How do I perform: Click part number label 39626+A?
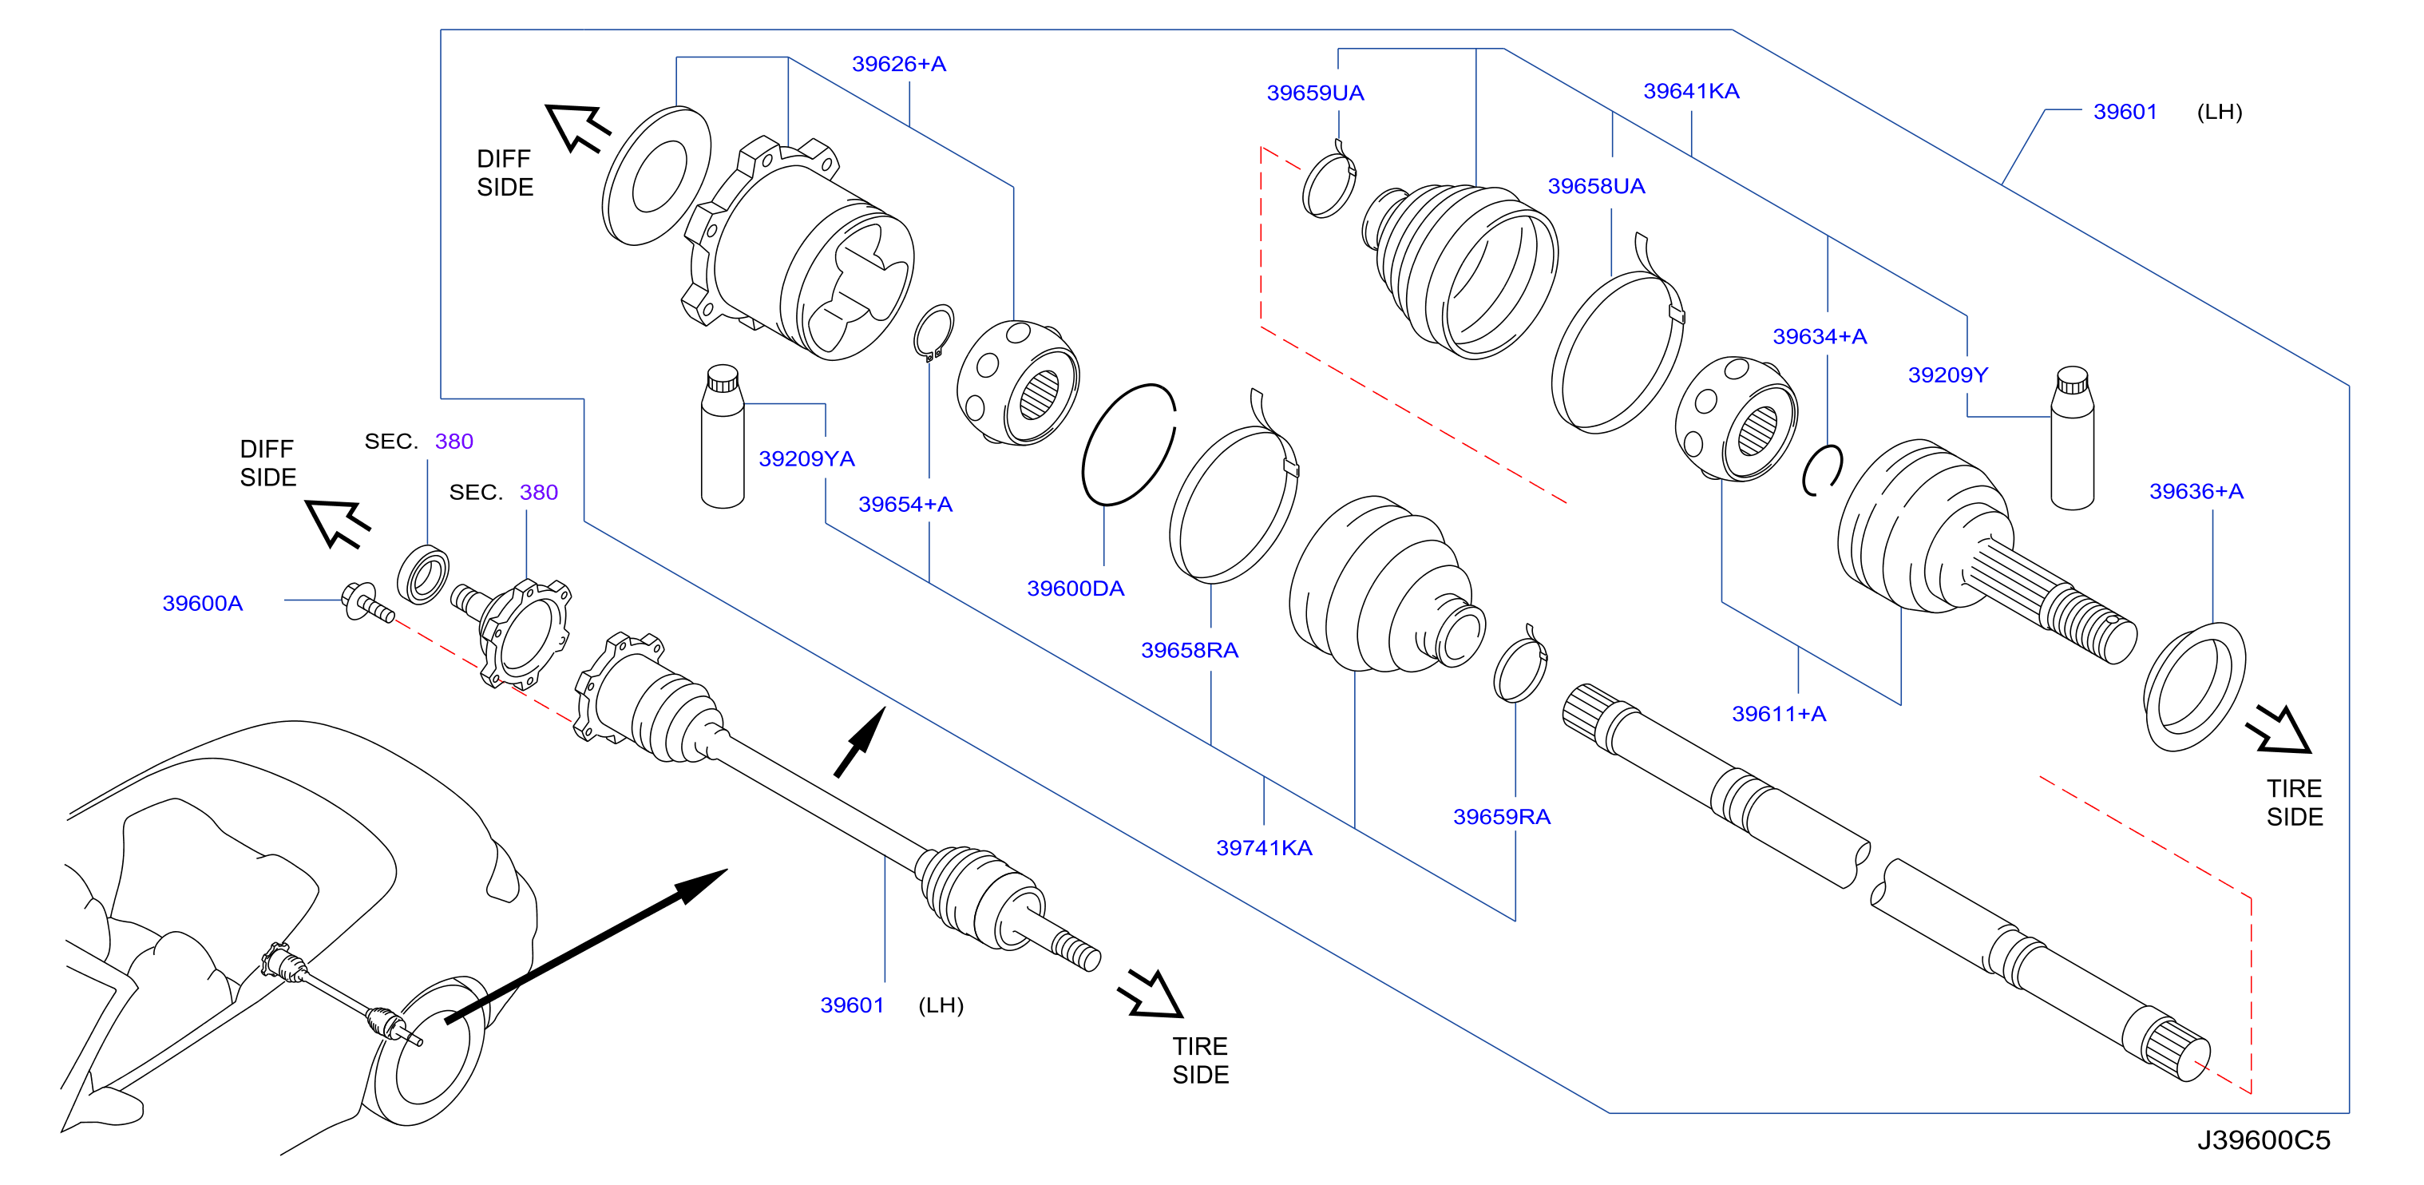[x=899, y=64]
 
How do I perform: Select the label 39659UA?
[x=1314, y=93]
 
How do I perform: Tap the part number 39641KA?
[x=1691, y=91]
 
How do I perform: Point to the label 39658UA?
[x=1596, y=186]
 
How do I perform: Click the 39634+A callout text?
[x=1820, y=337]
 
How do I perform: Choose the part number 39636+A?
[x=2196, y=491]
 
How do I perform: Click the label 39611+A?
[x=1779, y=715]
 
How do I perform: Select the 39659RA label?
[x=1502, y=817]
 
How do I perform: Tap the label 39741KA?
[x=1264, y=848]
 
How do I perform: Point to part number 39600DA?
[x=1075, y=589]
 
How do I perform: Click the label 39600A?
[x=202, y=604]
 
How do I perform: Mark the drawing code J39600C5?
[x=2263, y=1141]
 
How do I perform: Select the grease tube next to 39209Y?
[x=2072, y=438]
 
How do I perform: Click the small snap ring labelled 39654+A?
[x=933, y=332]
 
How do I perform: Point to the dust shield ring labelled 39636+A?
[x=2194, y=687]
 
